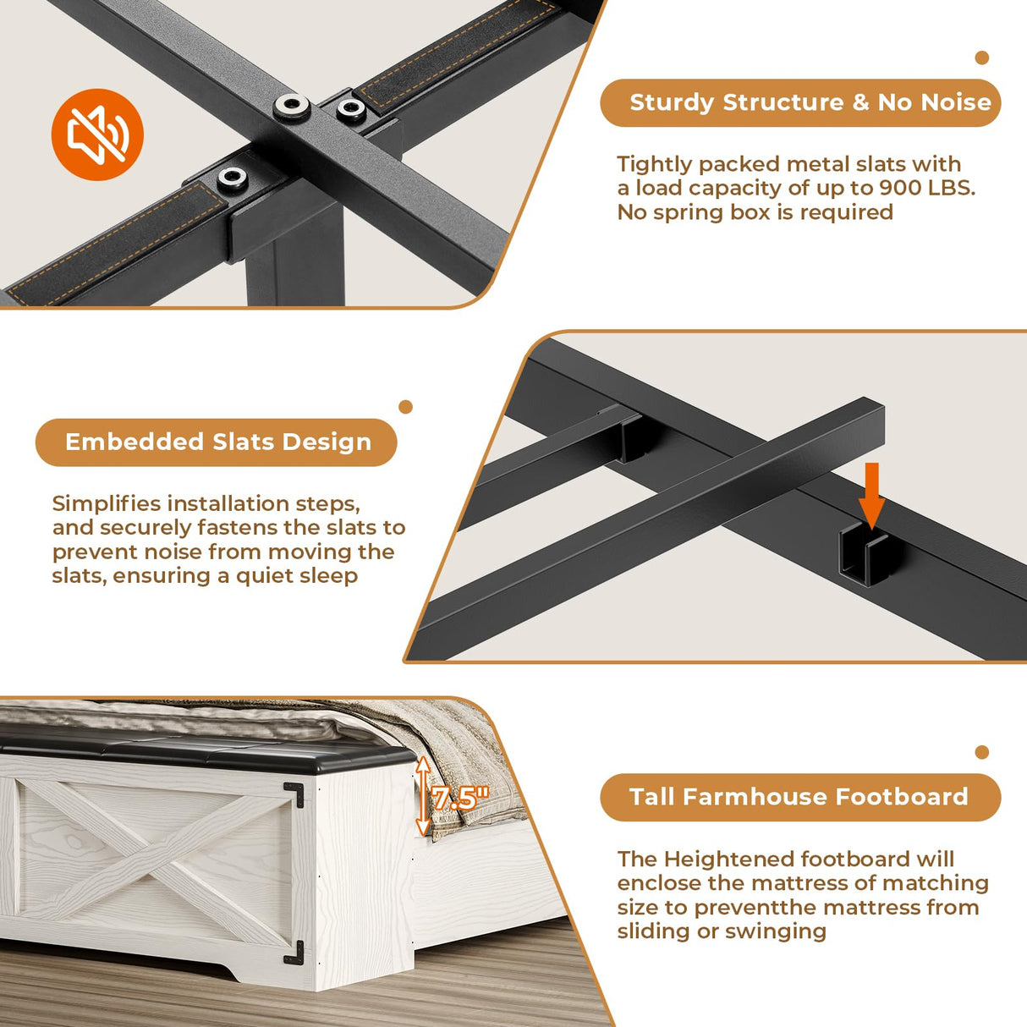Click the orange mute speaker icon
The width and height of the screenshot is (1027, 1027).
coord(97,135)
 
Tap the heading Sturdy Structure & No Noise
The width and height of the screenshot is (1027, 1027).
coord(810,102)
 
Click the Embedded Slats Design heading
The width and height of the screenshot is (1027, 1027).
coord(218,442)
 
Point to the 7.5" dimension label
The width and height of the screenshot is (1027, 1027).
coord(460,799)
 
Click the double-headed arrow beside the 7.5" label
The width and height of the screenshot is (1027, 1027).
coord(423,796)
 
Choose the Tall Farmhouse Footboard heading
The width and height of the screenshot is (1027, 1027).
coord(799,797)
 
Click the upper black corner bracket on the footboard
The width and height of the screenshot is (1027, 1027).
coord(294,794)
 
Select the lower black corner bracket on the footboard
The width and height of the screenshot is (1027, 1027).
coord(294,953)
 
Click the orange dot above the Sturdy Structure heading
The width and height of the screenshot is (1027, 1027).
coord(981,58)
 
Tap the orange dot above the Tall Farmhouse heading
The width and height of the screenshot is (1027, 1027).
coord(981,752)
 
